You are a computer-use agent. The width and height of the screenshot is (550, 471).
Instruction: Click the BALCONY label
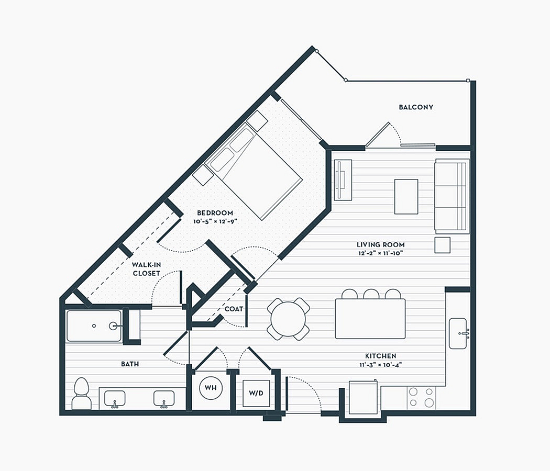[x=416, y=107]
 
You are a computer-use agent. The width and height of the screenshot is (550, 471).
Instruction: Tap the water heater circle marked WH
[x=211, y=388]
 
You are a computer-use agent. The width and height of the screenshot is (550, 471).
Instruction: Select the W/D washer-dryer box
[x=256, y=393]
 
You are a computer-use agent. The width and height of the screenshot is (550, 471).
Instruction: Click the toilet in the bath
[x=82, y=394]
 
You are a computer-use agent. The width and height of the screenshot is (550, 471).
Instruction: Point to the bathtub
[x=94, y=326]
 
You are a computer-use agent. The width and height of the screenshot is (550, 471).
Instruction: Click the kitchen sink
[x=458, y=334]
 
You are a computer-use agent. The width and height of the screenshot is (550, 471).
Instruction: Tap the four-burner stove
[x=421, y=398]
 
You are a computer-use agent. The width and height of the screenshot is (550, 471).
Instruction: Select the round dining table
[x=288, y=319]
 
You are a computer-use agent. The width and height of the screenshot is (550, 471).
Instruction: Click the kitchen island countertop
[x=370, y=319]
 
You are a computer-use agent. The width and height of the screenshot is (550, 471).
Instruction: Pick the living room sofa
[x=452, y=196]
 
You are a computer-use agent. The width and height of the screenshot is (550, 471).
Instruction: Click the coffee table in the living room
[x=406, y=197]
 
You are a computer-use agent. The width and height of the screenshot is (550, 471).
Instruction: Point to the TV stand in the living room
[x=343, y=180]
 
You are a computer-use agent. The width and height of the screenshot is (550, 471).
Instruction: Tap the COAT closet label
[x=234, y=309]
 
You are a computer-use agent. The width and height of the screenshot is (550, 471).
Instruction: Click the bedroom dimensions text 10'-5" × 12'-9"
[x=215, y=221]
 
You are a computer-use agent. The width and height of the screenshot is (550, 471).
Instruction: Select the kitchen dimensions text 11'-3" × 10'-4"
[x=381, y=364]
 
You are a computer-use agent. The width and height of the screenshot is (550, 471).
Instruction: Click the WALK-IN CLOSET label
[x=146, y=269]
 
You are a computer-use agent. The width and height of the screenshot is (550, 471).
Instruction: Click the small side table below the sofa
[x=442, y=245]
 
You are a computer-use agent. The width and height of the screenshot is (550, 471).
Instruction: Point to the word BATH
[x=130, y=364]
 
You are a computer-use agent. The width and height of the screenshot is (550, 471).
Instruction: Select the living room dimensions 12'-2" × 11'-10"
[x=381, y=253]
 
